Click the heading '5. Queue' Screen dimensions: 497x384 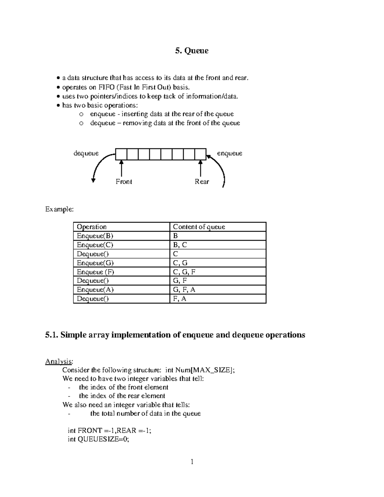coord(192,51)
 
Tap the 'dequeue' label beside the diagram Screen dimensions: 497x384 coord(86,153)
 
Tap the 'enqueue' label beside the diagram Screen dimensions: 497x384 coord(229,153)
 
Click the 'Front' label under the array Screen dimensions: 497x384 coord(124,182)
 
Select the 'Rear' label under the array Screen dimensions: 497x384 coord(202,182)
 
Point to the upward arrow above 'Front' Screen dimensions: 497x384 coord(121,168)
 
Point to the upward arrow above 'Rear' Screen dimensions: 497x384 coord(201,168)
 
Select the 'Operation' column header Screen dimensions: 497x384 coord(92,227)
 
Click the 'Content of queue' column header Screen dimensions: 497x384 coord(199,227)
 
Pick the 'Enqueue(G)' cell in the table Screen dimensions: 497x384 coord(95,263)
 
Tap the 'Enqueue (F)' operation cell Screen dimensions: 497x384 coord(95,272)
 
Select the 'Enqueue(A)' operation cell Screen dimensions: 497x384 coord(95,290)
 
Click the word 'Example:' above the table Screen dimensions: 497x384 coord(59,209)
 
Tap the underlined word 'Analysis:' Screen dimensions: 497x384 coord(59,362)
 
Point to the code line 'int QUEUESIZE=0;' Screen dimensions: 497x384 coord(98,439)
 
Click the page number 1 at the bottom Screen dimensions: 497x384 coord(192,461)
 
